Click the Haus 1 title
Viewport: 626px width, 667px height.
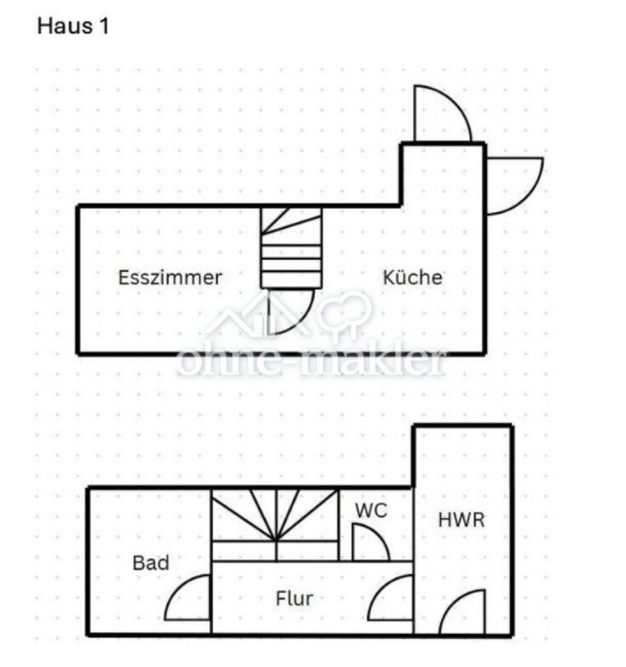click(x=73, y=26)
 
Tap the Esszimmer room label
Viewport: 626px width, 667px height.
click(x=170, y=278)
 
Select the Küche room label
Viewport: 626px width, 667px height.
click(x=412, y=277)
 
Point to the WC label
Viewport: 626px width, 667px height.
click(x=372, y=511)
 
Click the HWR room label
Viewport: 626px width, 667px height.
click(x=461, y=520)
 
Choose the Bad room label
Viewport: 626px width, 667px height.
click(x=151, y=563)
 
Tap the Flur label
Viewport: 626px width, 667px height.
click(x=294, y=599)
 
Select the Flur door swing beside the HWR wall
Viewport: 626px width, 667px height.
click(x=378, y=590)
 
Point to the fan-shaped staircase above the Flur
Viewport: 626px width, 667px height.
click(x=275, y=525)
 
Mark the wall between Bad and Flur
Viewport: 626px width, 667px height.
click(x=211, y=562)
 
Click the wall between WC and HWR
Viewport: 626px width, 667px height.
click(x=413, y=525)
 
